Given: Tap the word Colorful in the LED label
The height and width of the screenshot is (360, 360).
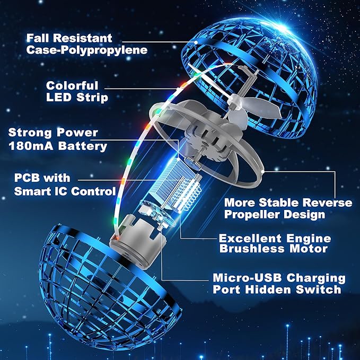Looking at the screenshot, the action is pyautogui.click(x=72, y=86).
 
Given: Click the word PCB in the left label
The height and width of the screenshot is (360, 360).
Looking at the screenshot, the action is pyautogui.click(x=28, y=178).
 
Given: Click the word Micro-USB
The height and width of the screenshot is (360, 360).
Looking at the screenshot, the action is pyautogui.click(x=247, y=278).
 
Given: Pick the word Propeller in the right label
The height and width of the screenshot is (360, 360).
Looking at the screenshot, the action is pyautogui.click(x=252, y=215).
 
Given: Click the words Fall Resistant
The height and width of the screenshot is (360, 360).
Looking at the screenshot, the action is pyautogui.click(x=69, y=38).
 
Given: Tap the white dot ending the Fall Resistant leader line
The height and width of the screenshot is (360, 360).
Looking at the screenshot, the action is pyautogui.click(x=196, y=42).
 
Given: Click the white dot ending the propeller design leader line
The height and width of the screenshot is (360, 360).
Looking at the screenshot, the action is pyautogui.click(x=263, y=171).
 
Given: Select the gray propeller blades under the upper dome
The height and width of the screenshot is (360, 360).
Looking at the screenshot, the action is pyautogui.click(x=255, y=108).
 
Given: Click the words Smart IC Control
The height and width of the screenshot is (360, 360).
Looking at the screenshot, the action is pyautogui.click(x=65, y=191).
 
